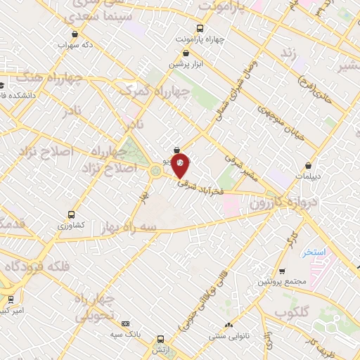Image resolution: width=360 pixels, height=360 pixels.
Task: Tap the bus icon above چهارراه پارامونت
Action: click(x=200, y=29)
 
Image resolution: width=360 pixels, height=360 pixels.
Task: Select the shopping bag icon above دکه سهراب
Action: click(x=75, y=33)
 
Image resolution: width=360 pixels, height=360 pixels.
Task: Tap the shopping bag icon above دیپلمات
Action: click(x=309, y=166)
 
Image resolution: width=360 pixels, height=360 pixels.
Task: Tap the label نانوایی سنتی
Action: click(x=227, y=336)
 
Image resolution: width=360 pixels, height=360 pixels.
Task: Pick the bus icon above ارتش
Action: click(x=161, y=338)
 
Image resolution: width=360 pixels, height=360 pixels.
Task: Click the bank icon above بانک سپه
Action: click(x=126, y=323)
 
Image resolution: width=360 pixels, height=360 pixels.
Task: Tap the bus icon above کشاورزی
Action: click(x=71, y=214)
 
